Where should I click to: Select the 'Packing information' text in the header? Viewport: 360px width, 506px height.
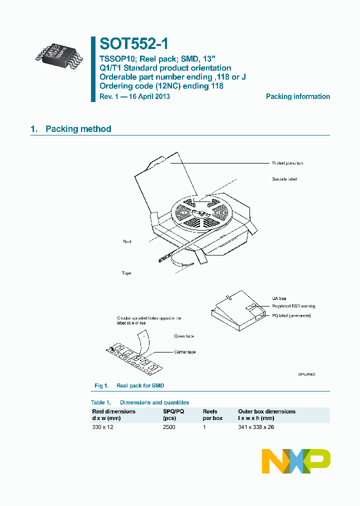(x=297, y=96)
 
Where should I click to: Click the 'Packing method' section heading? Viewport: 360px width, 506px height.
(x=78, y=129)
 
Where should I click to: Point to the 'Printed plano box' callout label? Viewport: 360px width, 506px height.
(x=287, y=163)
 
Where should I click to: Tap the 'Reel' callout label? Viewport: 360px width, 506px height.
(x=127, y=241)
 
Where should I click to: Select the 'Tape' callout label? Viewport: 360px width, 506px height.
(x=126, y=273)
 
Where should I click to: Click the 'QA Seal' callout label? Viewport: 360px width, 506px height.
(x=279, y=298)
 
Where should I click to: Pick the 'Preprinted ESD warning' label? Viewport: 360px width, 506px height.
(x=293, y=306)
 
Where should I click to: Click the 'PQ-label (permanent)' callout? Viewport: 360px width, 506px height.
(x=291, y=315)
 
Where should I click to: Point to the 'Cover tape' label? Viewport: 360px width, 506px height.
(x=184, y=336)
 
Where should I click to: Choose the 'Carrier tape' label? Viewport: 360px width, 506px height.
(x=185, y=352)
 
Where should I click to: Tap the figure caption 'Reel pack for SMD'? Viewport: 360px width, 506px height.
(x=140, y=385)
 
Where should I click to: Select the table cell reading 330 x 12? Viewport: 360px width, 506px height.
(x=103, y=427)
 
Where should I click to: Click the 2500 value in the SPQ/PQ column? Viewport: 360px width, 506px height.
(x=169, y=427)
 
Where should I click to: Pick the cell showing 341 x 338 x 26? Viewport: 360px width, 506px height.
(x=256, y=427)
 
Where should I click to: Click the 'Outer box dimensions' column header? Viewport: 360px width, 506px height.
(x=266, y=411)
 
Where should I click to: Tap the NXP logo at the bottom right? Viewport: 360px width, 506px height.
(x=296, y=461)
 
